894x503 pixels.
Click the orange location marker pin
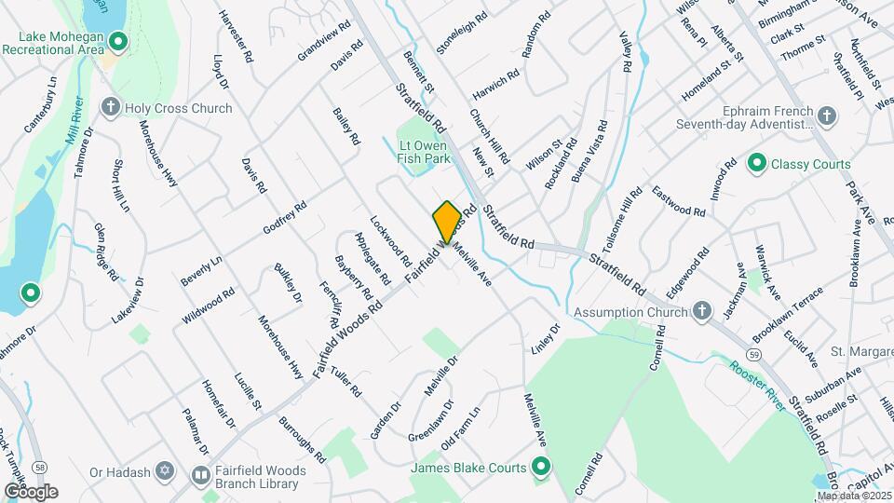click(x=447, y=222)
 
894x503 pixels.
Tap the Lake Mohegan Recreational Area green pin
click(x=118, y=41)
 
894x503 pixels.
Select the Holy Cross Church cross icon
click(x=111, y=108)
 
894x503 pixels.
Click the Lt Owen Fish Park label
click(x=424, y=151)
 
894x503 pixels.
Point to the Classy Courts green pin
click(x=756, y=164)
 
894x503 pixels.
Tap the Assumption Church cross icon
click(x=703, y=311)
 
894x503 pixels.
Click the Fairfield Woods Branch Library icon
click(x=200, y=472)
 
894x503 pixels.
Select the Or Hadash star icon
click(x=166, y=472)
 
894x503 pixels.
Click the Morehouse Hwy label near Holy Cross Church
click(x=157, y=153)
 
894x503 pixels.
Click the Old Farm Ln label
click(x=461, y=427)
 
